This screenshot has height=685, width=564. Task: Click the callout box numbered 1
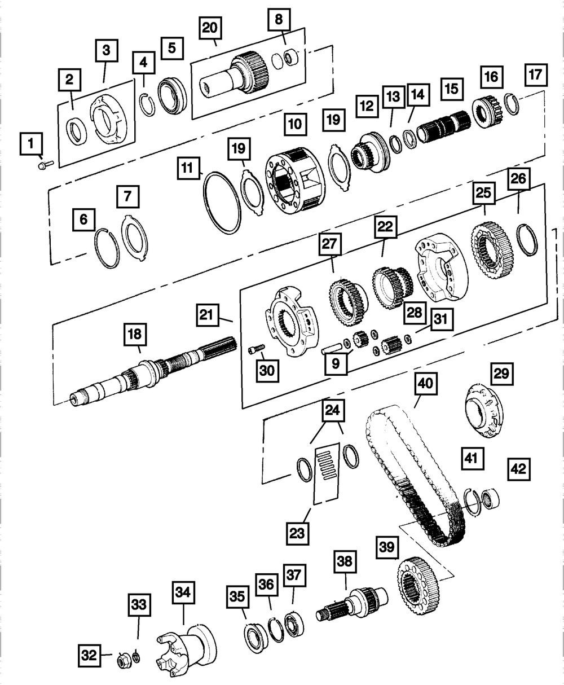[31, 143]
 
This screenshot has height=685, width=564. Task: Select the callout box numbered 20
[210, 28]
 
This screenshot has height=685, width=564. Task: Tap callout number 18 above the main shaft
[135, 334]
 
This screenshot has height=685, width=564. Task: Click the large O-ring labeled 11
[222, 203]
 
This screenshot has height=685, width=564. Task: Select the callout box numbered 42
[519, 469]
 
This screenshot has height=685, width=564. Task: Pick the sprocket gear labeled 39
[418, 586]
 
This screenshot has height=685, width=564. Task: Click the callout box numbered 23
[297, 533]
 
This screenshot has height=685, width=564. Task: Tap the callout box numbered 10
[296, 124]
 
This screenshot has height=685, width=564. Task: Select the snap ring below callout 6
[107, 248]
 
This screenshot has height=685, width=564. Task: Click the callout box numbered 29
[502, 374]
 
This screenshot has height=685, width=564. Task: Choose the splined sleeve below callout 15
[444, 126]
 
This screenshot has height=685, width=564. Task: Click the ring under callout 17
[512, 104]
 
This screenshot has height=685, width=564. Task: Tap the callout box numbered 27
[330, 244]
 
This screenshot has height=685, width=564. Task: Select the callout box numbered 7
[128, 196]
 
